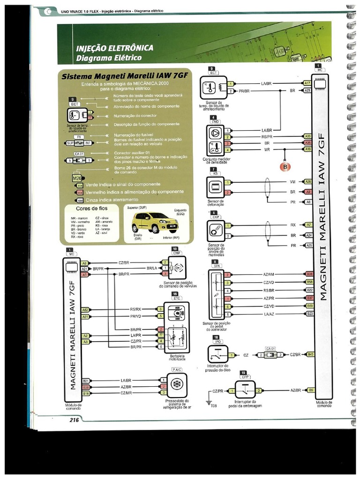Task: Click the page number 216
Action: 74,420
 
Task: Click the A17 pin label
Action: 307,83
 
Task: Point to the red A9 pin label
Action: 308,192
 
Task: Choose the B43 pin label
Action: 310,354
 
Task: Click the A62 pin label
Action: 85,309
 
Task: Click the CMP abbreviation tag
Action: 177,253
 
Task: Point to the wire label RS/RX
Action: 135,309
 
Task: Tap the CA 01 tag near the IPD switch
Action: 270,348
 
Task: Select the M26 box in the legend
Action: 77,178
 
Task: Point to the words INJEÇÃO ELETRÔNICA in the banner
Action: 114,48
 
